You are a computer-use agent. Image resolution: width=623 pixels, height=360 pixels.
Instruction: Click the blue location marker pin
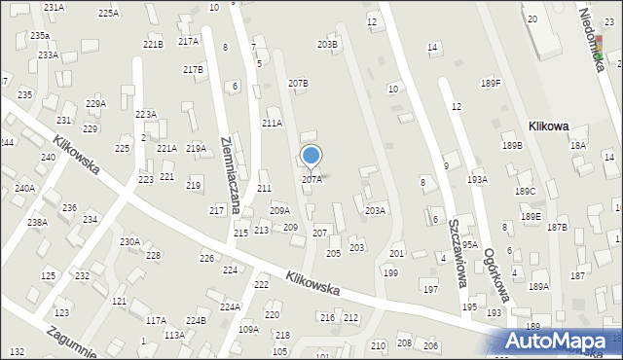tap(311, 157)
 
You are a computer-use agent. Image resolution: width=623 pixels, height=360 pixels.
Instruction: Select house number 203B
tap(328, 45)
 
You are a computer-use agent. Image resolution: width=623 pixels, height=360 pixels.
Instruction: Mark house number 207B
tap(298, 84)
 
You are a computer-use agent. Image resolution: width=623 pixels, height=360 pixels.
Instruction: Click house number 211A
tap(272, 124)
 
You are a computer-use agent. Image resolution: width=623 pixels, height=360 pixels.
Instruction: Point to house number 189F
tap(491, 84)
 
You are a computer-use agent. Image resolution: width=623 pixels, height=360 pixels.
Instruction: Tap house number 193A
tap(477, 180)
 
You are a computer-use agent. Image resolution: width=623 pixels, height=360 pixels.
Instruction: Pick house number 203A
tap(375, 210)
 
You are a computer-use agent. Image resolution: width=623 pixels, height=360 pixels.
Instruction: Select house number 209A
tap(279, 210)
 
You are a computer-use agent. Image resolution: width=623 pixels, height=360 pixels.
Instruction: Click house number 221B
tap(153, 45)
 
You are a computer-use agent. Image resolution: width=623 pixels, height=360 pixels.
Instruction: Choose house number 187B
tap(557, 228)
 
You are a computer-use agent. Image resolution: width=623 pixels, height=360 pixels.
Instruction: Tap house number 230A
tap(129, 241)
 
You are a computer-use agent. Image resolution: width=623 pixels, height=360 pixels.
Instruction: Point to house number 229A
tap(95, 103)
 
